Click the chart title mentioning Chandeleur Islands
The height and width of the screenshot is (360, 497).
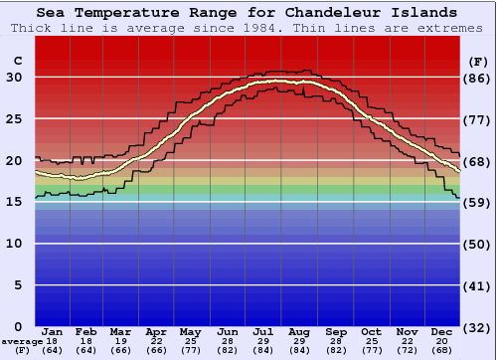pyautogui.click(x=248, y=13)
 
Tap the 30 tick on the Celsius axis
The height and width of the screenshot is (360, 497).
pyautogui.click(x=15, y=78)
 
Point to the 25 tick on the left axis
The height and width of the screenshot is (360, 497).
pyautogui.click(x=15, y=119)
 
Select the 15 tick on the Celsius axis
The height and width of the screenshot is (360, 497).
pyautogui.click(x=15, y=202)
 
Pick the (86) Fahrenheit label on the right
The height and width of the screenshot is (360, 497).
pyautogui.click(x=477, y=78)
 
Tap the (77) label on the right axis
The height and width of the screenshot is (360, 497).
pyautogui.click(x=477, y=119)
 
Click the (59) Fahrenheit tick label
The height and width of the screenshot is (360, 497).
pyautogui.click(x=477, y=202)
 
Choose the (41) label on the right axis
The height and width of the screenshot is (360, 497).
pyautogui.click(x=477, y=285)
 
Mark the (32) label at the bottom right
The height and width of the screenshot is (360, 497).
pyautogui.click(x=477, y=327)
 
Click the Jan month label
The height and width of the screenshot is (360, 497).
pyautogui.click(x=53, y=330)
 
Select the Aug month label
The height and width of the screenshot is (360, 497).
pyautogui.click(x=300, y=330)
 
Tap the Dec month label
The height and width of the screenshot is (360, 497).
pyautogui.click(x=442, y=330)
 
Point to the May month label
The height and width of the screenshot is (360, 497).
pyautogui.click(x=189, y=330)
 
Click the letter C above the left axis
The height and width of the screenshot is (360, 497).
pyautogui.click(x=16, y=61)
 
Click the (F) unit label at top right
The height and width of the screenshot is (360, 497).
pyautogui.click(x=477, y=61)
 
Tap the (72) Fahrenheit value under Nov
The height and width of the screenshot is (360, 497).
pyautogui.click(x=407, y=350)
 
